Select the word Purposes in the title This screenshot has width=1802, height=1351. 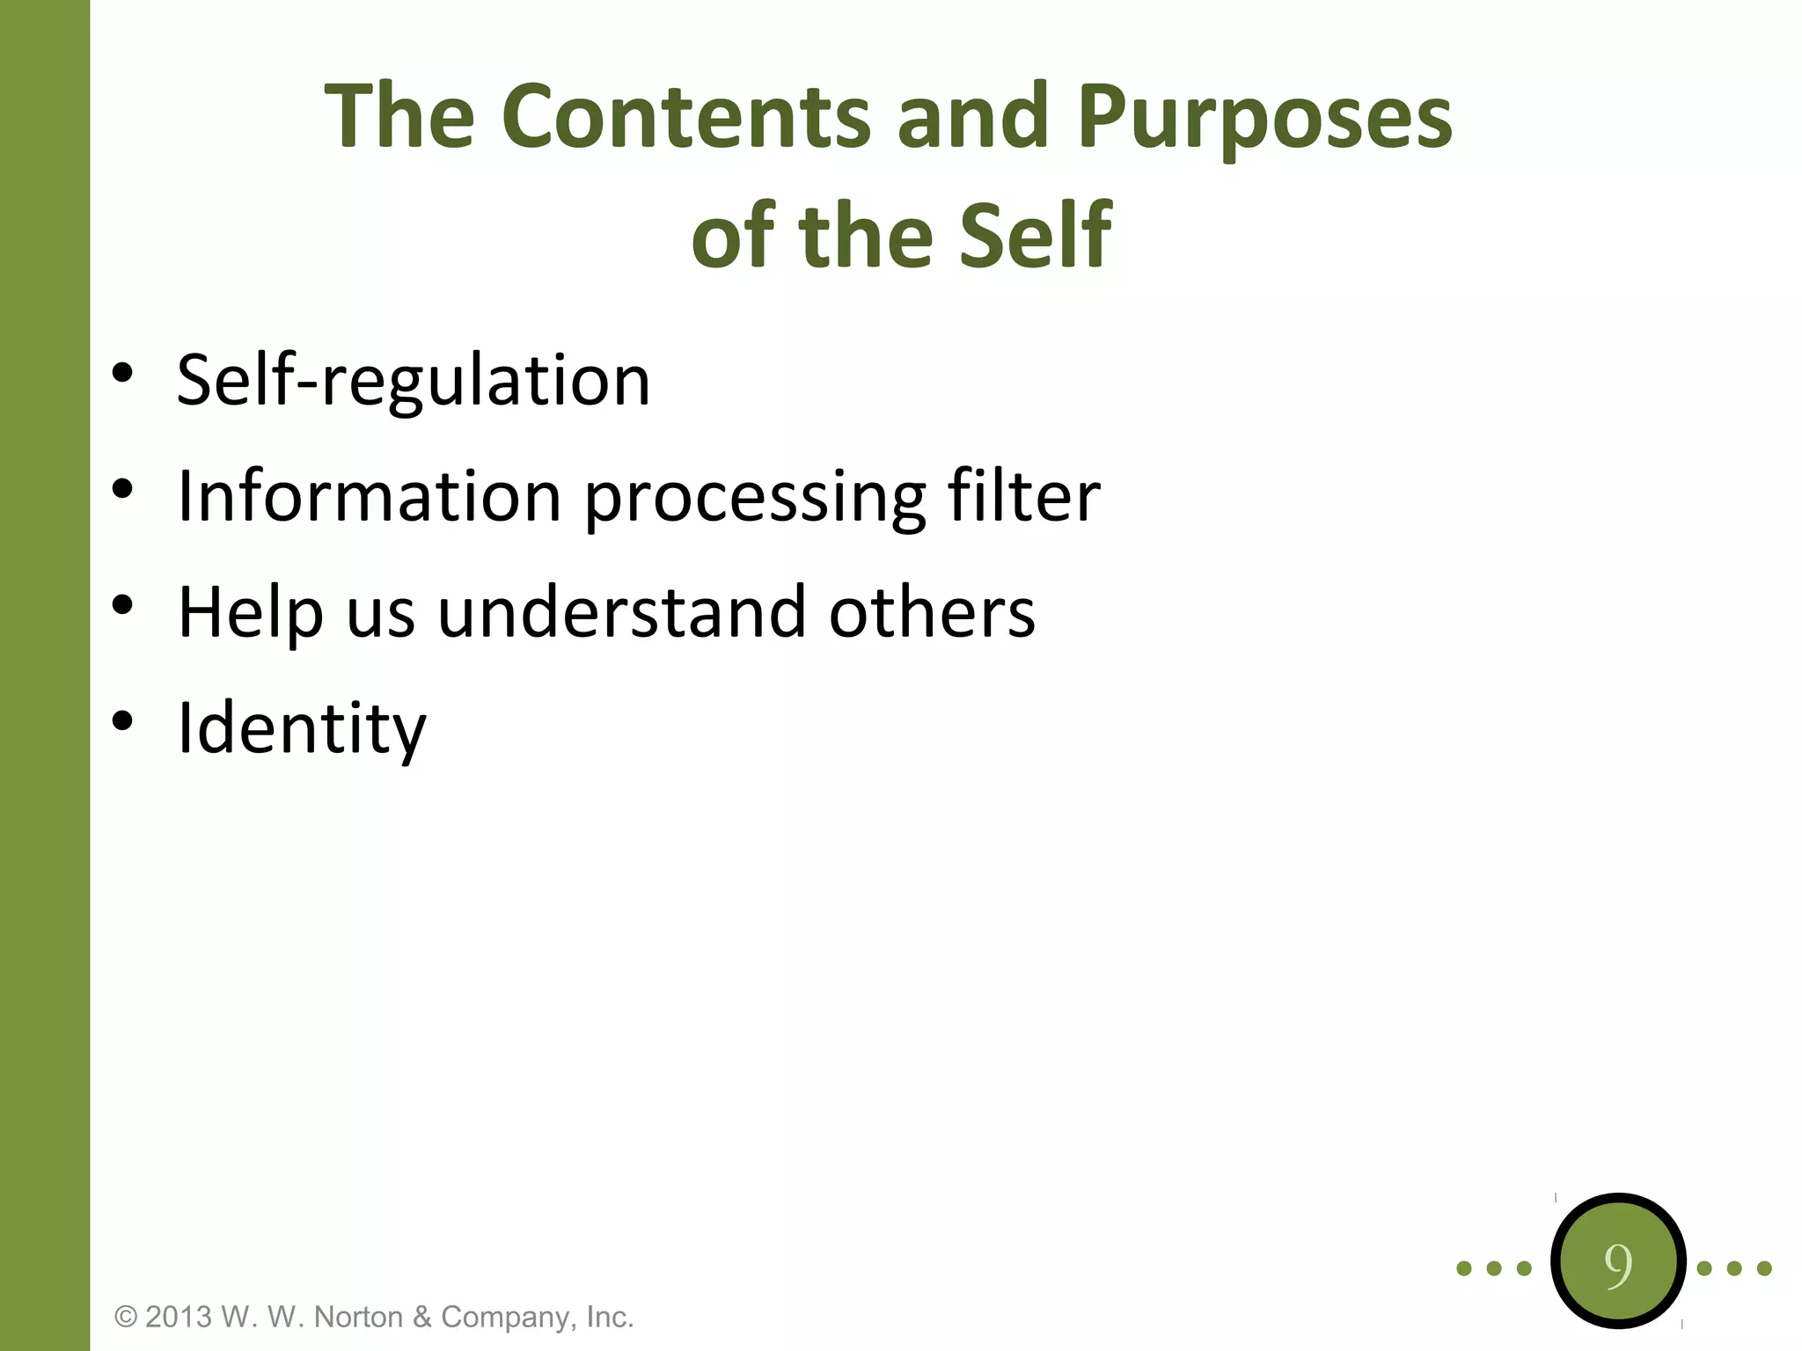click(x=1264, y=116)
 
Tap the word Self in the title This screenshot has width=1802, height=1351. click(x=1036, y=235)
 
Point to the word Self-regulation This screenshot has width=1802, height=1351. click(x=413, y=380)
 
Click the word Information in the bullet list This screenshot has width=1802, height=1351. click(x=369, y=495)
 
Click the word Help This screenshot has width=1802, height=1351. click(x=251, y=613)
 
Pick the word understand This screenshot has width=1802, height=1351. click(x=621, y=612)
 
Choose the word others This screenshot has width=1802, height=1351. click(x=932, y=612)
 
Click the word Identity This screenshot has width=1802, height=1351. click(x=302, y=729)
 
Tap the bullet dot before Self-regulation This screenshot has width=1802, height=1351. click(x=122, y=373)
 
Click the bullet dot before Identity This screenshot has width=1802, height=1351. click(x=122, y=721)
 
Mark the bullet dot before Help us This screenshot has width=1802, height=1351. click(x=122, y=605)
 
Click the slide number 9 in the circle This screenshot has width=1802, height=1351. click(x=1618, y=1265)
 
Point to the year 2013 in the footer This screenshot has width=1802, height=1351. click(x=179, y=1317)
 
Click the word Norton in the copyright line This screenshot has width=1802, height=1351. click(x=359, y=1317)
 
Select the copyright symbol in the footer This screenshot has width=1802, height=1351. click(x=127, y=1317)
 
